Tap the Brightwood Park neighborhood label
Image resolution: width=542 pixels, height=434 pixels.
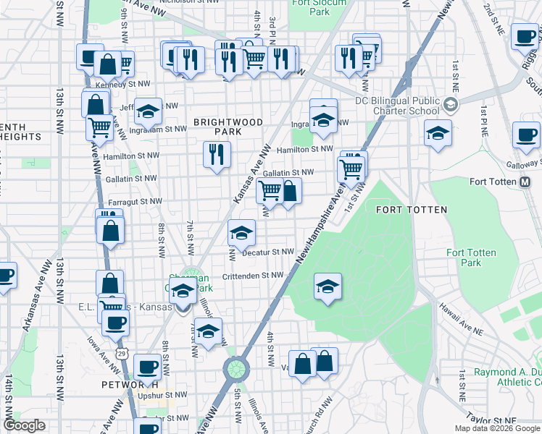(x=228, y=127)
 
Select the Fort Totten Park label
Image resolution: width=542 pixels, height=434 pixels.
(x=471, y=258)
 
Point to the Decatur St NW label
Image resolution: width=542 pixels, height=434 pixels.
(x=267, y=252)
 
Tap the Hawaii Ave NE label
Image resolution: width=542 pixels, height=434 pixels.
(x=461, y=319)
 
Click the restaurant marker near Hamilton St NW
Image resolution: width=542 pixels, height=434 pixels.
(x=217, y=155)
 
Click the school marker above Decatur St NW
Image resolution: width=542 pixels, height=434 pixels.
(x=242, y=232)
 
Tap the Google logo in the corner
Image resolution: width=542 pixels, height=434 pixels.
(x=25, y=425)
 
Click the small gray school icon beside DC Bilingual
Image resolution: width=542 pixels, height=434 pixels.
(x=451, y=106)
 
